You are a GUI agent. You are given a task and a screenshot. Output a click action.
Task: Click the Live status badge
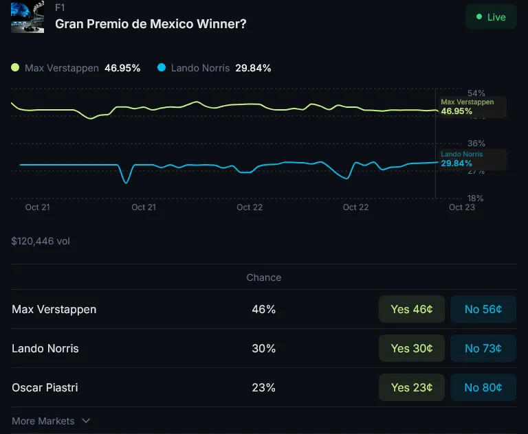pyautogui.click(x=490, y=17)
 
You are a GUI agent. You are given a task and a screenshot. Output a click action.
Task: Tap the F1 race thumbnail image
pyautogui.click(x=27, y=17)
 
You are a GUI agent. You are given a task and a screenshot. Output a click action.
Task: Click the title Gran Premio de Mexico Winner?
pyautogui.click(x=151, y=23)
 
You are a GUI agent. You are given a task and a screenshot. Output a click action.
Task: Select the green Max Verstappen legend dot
pyautogui.click(x=15, y=67)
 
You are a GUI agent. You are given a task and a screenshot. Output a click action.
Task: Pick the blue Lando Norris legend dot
pyautogui.click(x=162, y=67)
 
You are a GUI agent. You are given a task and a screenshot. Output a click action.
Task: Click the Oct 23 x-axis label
pyautogui.click(x=461, y=207)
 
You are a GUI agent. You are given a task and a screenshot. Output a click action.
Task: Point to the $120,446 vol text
pyautogui.click(x=41, y=241)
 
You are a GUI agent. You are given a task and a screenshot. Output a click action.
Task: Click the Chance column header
pyautogui.click(x=264, y=277)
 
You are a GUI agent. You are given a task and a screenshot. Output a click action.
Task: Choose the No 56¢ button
pyautogui.click(x=483, y=309)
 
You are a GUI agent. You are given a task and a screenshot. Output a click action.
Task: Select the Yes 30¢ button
pyautogui.click(x=411, y=348)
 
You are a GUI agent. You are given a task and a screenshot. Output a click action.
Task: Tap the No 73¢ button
pyautogui.click(x=483, y=348)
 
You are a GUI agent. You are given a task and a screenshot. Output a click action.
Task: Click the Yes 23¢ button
pyautogui.click(x=411, y=387)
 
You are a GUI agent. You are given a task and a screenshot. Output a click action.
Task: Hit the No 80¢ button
pyautogui.click(x=483, y=387)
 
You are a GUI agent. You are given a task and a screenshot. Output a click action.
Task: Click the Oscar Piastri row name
pyautogui.click(x=45, y=387)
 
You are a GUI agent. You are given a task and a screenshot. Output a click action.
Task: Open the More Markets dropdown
pyautogui.click(x=52, y=420)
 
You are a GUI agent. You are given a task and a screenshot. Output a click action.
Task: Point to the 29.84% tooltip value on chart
pyautogui.click(x=456, y=163)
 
